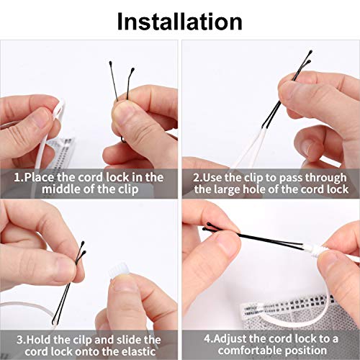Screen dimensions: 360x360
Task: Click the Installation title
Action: coord(179,21)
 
